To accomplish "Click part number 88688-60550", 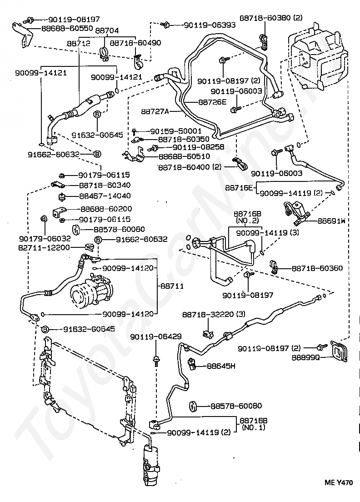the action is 67,28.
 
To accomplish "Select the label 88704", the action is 107,30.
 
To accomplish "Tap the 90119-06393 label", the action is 210,25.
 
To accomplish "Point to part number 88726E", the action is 212,102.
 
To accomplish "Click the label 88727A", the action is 155,111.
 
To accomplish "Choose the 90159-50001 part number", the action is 176,131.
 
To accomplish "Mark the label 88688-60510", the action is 185,156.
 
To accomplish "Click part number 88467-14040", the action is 105,196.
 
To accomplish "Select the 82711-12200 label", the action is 45,247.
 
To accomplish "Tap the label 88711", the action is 172,286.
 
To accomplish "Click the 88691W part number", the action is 331,221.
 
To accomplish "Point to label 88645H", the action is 221,366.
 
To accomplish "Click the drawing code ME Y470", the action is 339,482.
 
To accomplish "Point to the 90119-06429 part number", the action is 156,336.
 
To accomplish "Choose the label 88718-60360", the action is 317,268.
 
